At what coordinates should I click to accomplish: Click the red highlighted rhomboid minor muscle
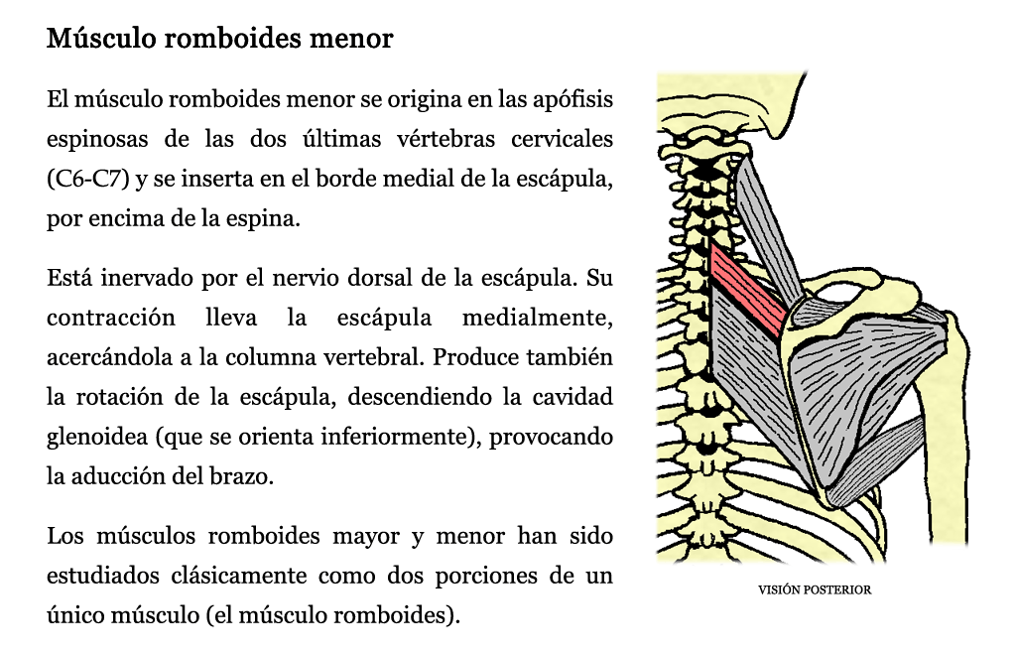tap(748, 290)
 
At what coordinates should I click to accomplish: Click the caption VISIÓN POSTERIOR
tap(815, 590)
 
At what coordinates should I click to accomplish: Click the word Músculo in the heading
tap(101, 38)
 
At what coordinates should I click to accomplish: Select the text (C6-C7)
tap(87, 179)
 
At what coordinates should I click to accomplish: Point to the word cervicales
tap(562, 139)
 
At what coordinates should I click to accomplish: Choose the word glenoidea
tap(97, 438)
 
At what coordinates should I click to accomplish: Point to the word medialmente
tap(537, 319)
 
